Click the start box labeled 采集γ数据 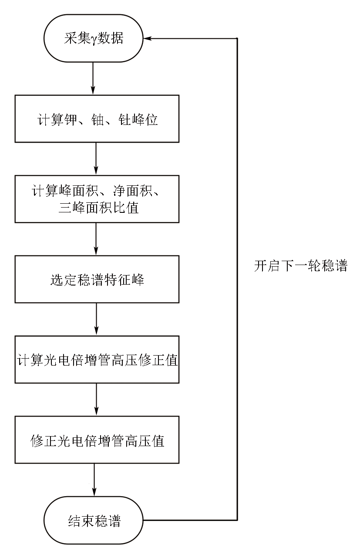pyautogui.click(x=94, y=38)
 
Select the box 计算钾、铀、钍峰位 pyautogui.click(x=97, y=119)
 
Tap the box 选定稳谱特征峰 pyautogui.click(x=97, y=279)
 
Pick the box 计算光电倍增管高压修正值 pyautogui.click(x=97, y=359)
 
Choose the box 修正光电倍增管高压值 pyautogui.click(x=97, y=440)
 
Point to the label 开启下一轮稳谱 pyautogui.click(x=301, y=265)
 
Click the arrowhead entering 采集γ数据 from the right pyautogui.click(x=147, y=38)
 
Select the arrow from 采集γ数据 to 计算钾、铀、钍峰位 pyautogui.click(x=93, y=78)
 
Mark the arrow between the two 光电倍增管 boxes pyautogui.click(x=96, y=400)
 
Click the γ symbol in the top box pyautogui.click(x=94, y=40)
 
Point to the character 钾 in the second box pyautogui.click(x=71, y=120)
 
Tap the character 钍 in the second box pyautogui.click(x=124, y=120)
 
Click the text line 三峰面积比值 pyautogui.click(x=98, y=208)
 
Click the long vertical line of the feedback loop pyautogui.click(x=237, y=279)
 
